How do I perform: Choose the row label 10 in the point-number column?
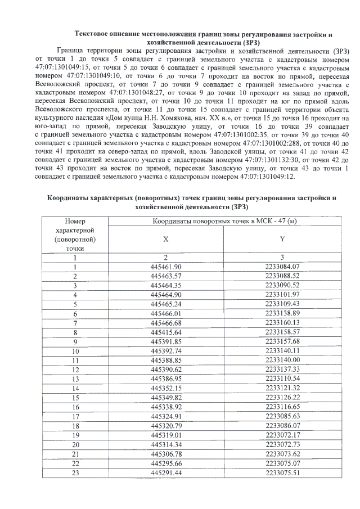(74, 350)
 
